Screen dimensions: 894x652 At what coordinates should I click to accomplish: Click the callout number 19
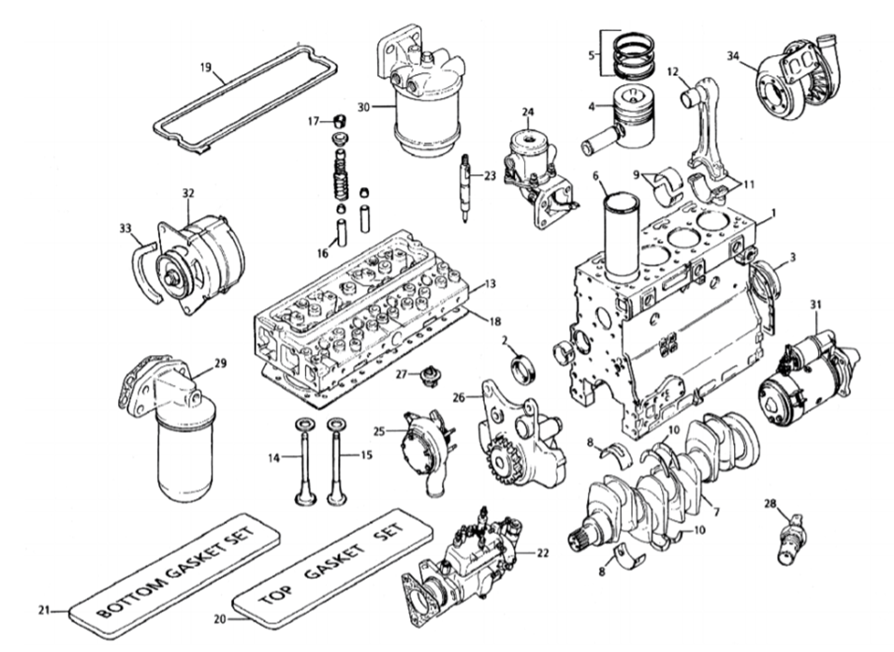click(206, 67)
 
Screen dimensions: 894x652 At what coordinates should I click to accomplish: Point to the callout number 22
click(542, 553)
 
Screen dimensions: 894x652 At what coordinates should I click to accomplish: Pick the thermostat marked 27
click(427, 377)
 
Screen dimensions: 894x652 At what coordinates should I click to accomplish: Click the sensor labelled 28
click(790, 538)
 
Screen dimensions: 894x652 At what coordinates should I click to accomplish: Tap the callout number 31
click(816, 304)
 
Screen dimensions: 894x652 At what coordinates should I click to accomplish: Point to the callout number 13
click(491, 284)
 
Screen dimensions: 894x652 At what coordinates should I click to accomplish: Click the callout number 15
click(366, 454)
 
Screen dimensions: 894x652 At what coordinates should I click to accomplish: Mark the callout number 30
click(364, 107)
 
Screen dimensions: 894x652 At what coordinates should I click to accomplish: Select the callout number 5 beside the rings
click(592, 55)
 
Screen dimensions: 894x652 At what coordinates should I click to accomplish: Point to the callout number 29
click(221, 363)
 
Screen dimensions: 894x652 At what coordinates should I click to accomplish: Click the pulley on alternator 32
click(170, 278)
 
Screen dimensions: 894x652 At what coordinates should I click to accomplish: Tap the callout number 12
click(673, 71)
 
